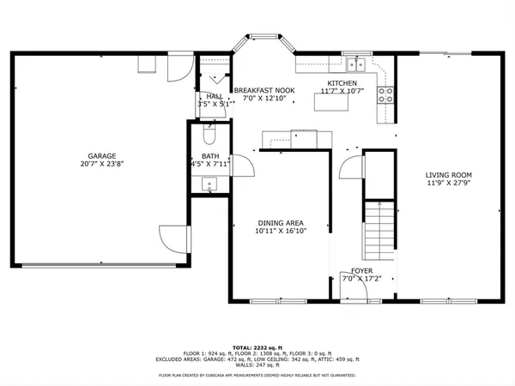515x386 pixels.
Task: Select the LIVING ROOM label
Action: click(x=448, y=175)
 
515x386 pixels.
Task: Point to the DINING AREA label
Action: click(x=281, y=222)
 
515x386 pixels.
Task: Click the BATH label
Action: click(x=210, y=156)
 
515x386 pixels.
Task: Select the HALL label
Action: click(x=214, y=96)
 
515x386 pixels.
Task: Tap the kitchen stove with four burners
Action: click(x=387, y=94)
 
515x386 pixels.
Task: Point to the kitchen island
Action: click(x=327, y=102)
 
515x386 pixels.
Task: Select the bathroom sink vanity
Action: click(x=209, y=184)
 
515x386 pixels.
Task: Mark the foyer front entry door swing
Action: click(x=354, y=293)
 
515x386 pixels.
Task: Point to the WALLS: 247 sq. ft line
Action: click(x=257, y=366)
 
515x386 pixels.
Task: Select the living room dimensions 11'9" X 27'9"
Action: click(x=448, y=183)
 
